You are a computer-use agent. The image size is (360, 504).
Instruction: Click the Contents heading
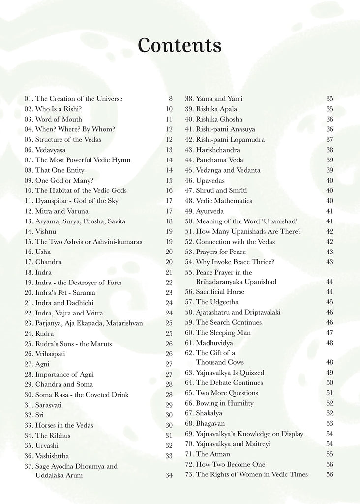pyautogui.click(x=180, y=46)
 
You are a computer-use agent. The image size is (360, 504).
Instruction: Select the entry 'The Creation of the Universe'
pyautogui.click(x=79, y=99)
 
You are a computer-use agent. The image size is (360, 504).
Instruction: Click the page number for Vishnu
pyautogui.click(x=169, y=231)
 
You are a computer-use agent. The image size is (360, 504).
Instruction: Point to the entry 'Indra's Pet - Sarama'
pyautogui.click(x=65, y=293)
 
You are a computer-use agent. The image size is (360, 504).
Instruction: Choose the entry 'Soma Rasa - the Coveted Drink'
pyautogui.click(x=82, y=395)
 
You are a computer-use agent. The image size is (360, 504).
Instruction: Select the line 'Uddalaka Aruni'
pyautogui.click(x=59, y=475)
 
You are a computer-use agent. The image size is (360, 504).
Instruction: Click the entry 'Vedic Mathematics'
pyautogui.click(x=224, y=201)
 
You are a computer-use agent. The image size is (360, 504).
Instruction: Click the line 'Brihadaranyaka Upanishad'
pyautogui.click(x=236, y=282)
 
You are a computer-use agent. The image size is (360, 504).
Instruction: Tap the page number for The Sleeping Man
pyautogui.click(x=330, y=333)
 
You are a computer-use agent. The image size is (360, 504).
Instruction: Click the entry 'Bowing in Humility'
pyautogui.click(x=225, y=403)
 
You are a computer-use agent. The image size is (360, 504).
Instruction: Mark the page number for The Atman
pyautogui.click(x=330, y=454)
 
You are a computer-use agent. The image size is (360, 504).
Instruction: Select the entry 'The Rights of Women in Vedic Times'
pyautogui.click(x=252, y=474)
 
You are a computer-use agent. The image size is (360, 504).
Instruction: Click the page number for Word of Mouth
pyautogui.click(x=169, y=120)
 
